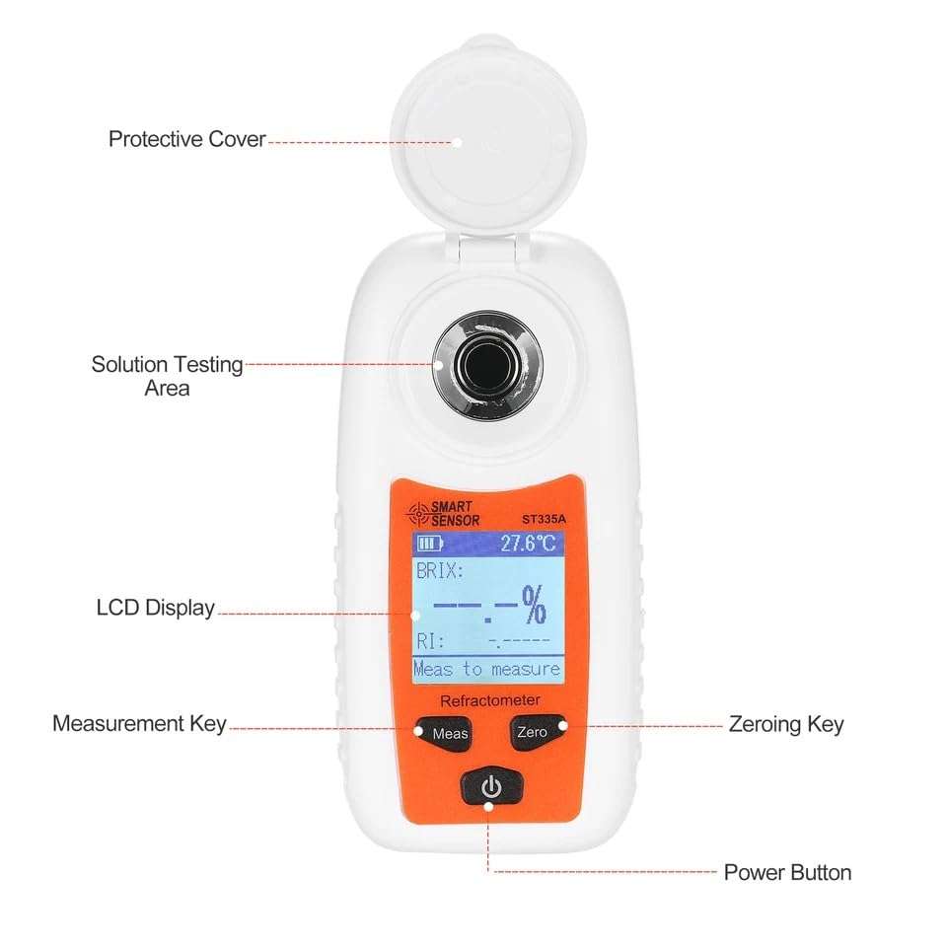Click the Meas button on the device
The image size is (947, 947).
[x=450, y=734]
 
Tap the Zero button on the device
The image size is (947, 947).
[x=532, y=733]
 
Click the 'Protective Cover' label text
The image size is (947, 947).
[x=186, y=139]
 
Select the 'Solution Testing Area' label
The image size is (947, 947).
[x=167, y=376]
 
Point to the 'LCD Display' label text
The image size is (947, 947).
[x=155, y=608]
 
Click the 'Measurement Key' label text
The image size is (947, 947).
[x=139, y=724]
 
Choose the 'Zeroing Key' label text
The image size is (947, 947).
[x=785, y=724]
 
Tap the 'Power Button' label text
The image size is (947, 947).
[x=787, y=872]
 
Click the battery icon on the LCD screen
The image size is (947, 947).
[x=429, y=543]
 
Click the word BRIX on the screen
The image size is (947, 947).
[x=439, y=571]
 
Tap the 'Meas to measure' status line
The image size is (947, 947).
[x=487, y=669]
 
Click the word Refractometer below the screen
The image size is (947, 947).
[x=489, y=699]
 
